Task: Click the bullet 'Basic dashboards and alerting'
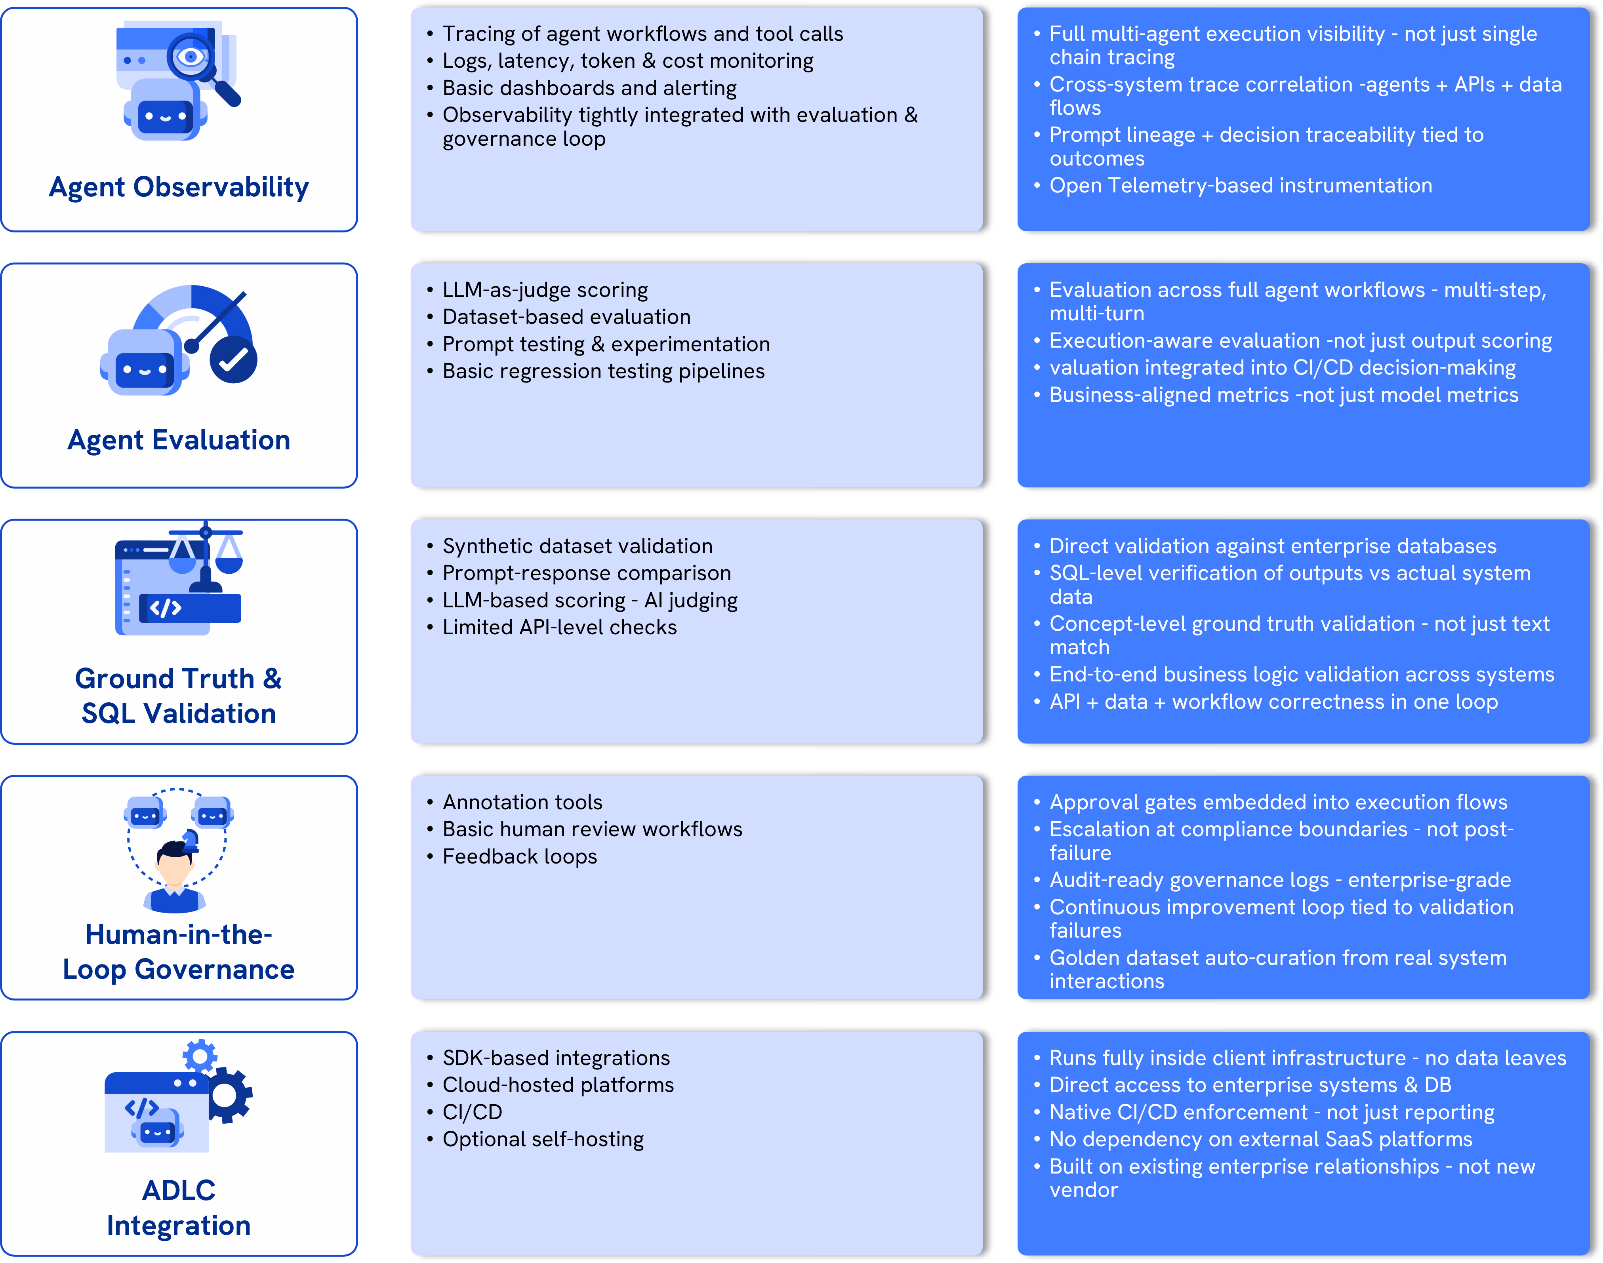click(x=589, y=88)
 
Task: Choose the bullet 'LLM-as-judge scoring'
click(x=545, y=290)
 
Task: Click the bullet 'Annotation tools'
click(x=522, y=802)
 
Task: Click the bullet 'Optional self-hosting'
click(x=543, y=1139)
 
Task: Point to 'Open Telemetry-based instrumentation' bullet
click(x=1241, y=186)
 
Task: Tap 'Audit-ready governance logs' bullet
click(x=1280, y=880)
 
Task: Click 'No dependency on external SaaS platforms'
click(x=1260, y=1139)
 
